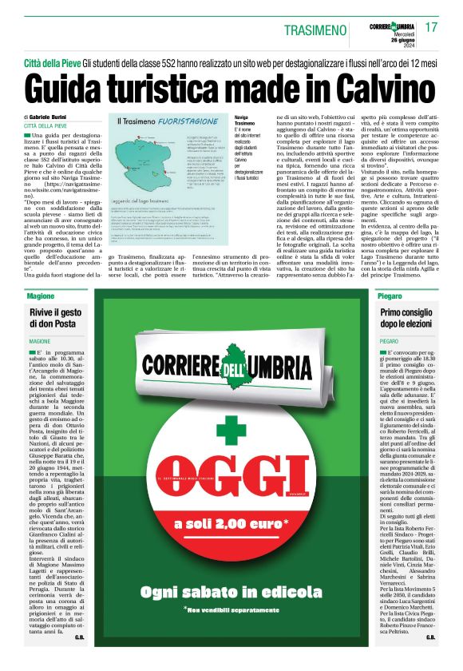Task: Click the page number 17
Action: click(x=432, y=28)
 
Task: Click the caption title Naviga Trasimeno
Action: click(x=244, y=121)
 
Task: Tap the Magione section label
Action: click(x=39, y=296)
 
